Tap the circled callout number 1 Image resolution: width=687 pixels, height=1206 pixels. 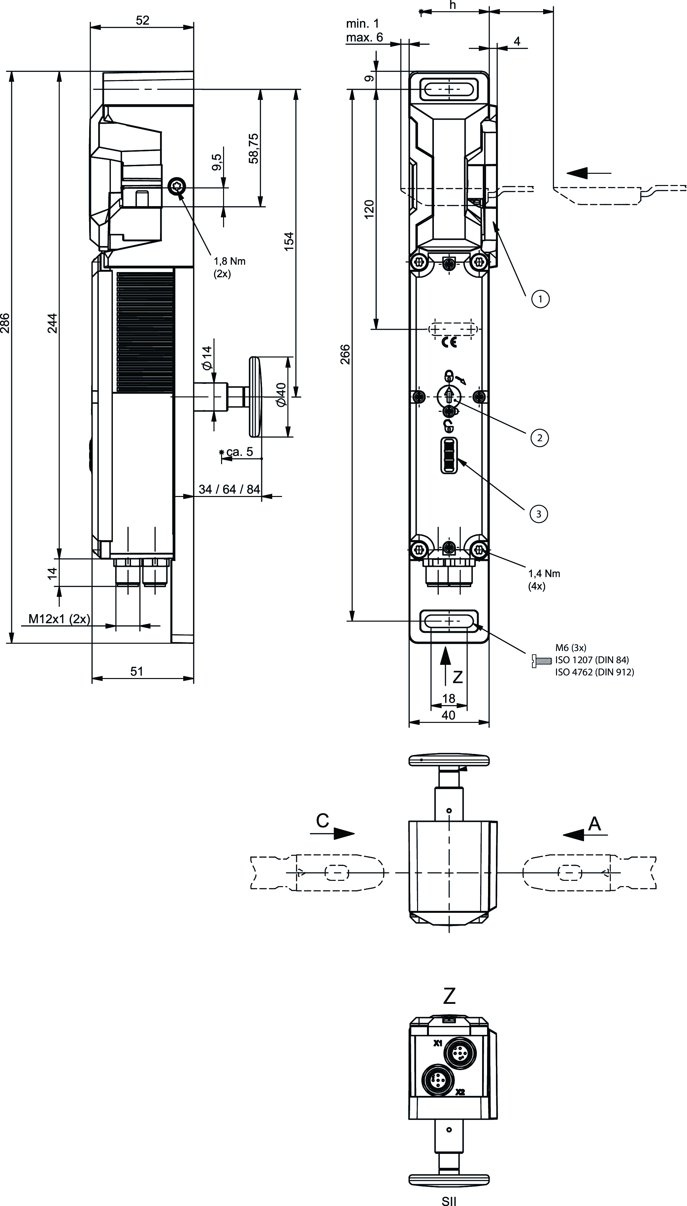pyautogui.click(x=540, y=298)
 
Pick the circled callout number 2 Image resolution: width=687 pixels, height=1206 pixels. pyautogui.click(x=539, y=438)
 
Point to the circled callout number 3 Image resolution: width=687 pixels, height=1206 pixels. pyautogui.click(x=539, y=513)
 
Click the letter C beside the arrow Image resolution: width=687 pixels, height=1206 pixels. pyautogui.click(x=322, y=821)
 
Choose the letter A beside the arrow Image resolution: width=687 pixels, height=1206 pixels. pyautogui.click(x=595, y=823)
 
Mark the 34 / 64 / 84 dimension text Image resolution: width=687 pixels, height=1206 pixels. pyautogui.click(x=229, y=489)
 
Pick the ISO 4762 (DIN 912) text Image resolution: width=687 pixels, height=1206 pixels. pyautogui.click(x=595, y=672)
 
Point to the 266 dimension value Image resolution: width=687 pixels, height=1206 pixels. pyautogui.click(x=345, y=355)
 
